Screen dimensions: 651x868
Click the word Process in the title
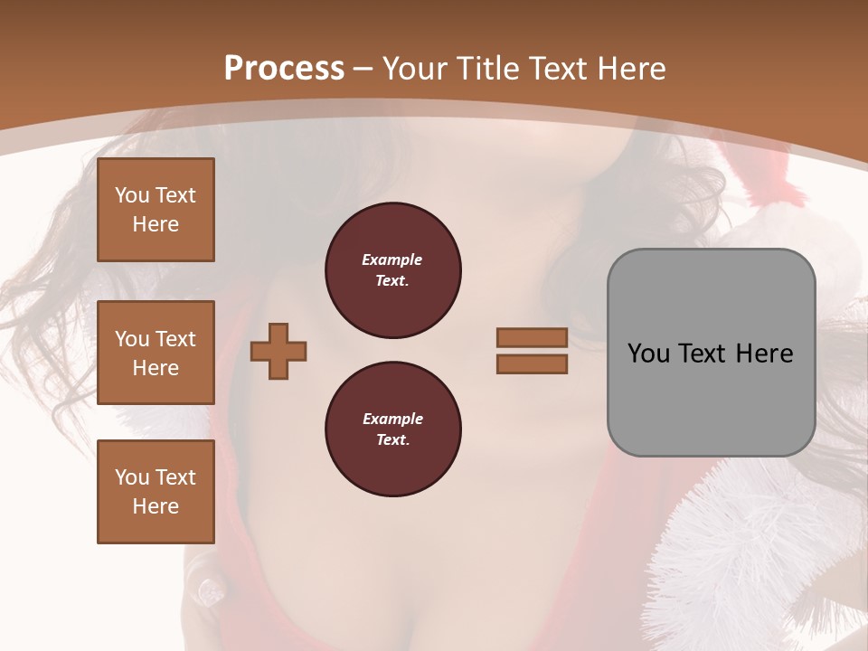(x=284, y=68)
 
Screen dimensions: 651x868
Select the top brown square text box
(x=156, y=210)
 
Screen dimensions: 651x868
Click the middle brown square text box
(x=156, y=353)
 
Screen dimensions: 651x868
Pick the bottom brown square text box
(x=156, y=492)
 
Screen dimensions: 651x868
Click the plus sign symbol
(x=278, y=352)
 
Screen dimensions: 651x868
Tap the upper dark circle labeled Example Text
(x=392, y=270)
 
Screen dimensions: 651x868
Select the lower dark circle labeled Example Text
(x=392, y=429)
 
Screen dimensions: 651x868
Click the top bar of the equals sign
(x=532, y=337)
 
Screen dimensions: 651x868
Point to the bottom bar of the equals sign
(x=532, y=363)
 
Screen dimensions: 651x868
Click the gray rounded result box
(x=711, y=353)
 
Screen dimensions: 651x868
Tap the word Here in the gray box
(x=764, y=354)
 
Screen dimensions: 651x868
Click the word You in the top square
(x=131, y=195)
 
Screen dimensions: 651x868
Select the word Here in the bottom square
(x=156, y=506)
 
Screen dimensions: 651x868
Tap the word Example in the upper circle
(x=392, y=259)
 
